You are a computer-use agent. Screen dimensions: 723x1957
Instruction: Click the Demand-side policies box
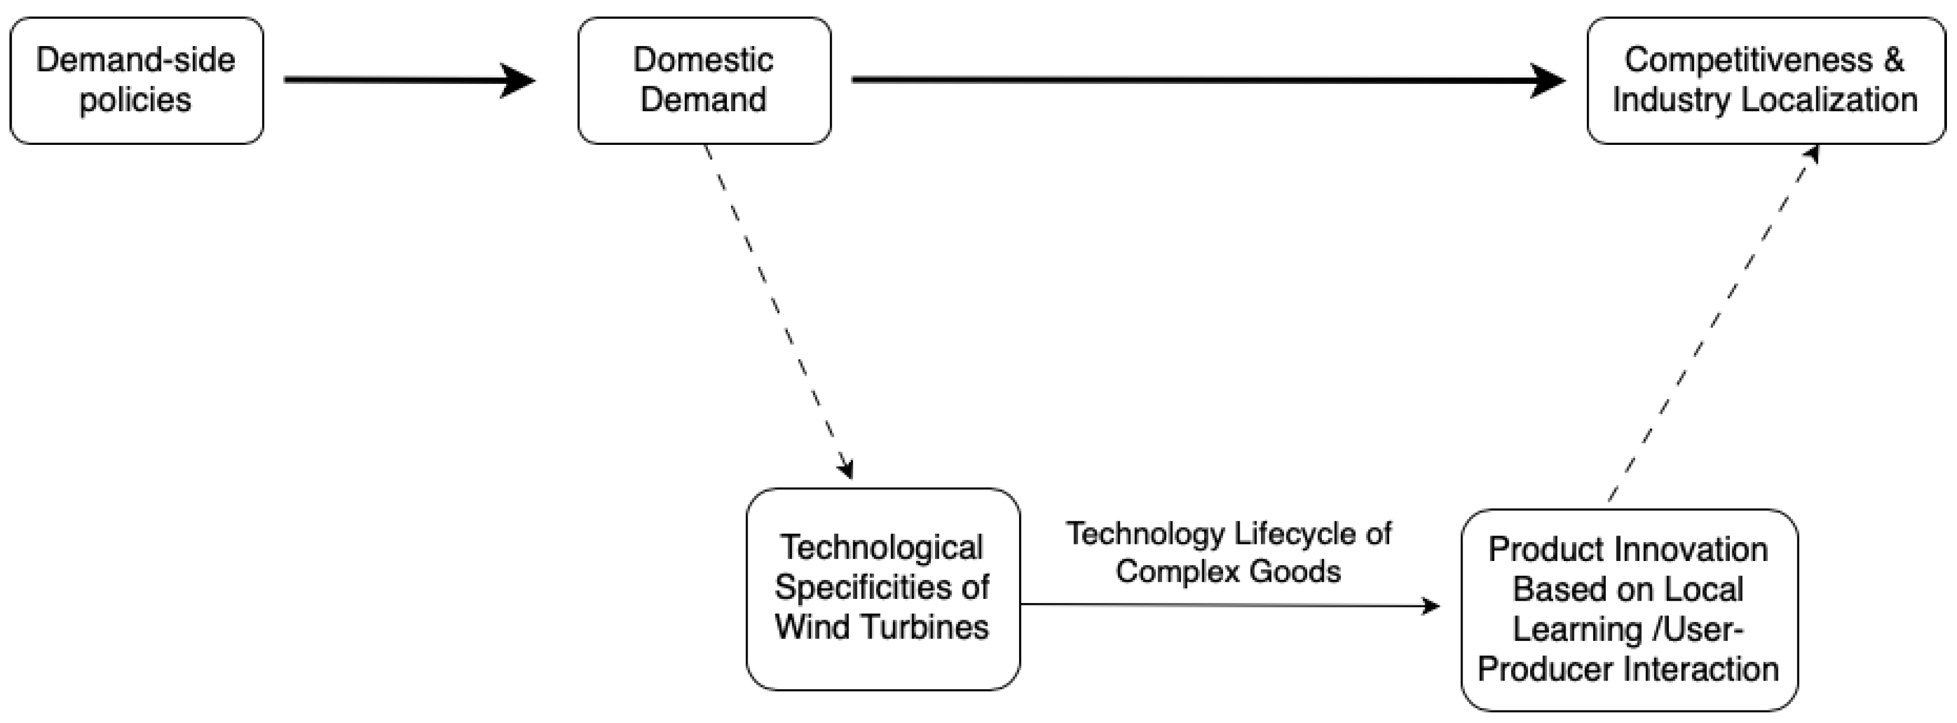(136, 80)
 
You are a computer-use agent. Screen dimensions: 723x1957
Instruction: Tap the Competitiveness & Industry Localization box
(1765, 80)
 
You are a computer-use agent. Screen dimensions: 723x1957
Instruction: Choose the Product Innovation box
(1628, 610)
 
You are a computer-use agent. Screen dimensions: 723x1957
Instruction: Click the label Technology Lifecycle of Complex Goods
(1228, 552)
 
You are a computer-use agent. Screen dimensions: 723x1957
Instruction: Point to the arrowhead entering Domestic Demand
(518, 80)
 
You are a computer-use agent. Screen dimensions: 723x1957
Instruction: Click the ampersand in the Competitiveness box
(1893, 60)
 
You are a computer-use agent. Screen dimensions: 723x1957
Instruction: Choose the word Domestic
(703, 60)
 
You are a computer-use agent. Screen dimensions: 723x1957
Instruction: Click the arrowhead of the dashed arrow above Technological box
(846, 469)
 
